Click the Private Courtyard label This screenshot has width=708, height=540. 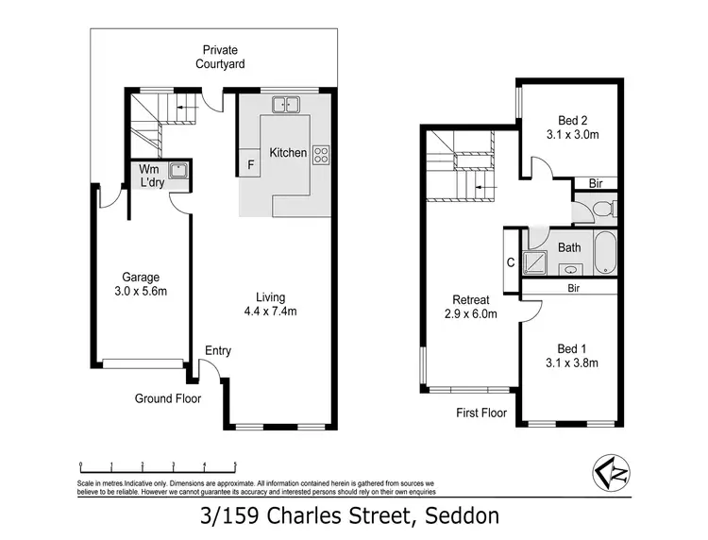[220, 57]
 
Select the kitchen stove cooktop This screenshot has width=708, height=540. [321, 154]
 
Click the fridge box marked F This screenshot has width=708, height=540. [250, 163]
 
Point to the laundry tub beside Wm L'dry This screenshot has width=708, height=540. [177, 171]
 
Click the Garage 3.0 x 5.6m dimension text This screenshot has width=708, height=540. [135, 284]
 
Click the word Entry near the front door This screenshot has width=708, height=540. [218, 351]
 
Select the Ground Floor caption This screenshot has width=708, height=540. [167, 398]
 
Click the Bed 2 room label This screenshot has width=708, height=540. [572, 127]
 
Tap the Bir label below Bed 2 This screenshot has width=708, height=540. [596, 183]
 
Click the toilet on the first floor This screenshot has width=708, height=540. [607, 208]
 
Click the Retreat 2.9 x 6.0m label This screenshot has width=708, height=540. [470, 307]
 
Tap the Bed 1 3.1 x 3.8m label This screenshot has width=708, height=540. [572, 355]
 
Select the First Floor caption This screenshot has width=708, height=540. [481, 413]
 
